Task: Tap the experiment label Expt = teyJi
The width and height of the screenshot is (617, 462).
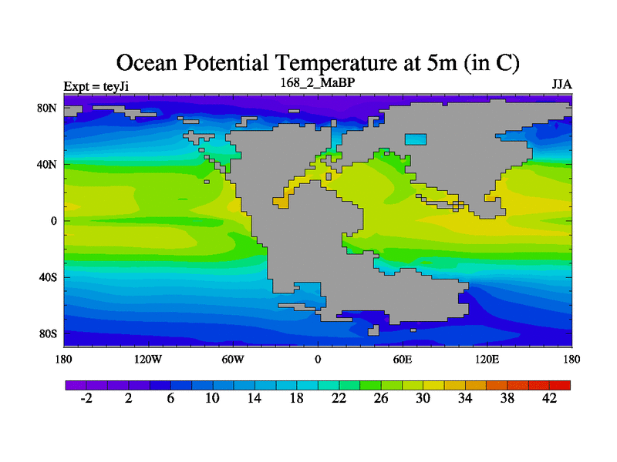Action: (96, 85)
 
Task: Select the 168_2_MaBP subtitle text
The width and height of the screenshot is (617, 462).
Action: (317, 82)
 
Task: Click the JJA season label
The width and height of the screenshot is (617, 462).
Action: (561, 83)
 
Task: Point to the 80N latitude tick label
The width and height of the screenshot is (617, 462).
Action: (49, 108)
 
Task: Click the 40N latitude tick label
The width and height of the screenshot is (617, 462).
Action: (49, 164)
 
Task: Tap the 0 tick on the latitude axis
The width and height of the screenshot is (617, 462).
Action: (53, 220)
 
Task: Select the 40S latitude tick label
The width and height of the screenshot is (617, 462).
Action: (49, 277)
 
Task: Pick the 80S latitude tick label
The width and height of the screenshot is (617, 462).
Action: (49, 333)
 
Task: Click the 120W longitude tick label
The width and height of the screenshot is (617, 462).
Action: (147, 360)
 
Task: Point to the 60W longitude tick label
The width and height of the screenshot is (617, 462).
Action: (232, 360)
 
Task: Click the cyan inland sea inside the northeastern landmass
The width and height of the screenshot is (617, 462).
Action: (416, 139)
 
